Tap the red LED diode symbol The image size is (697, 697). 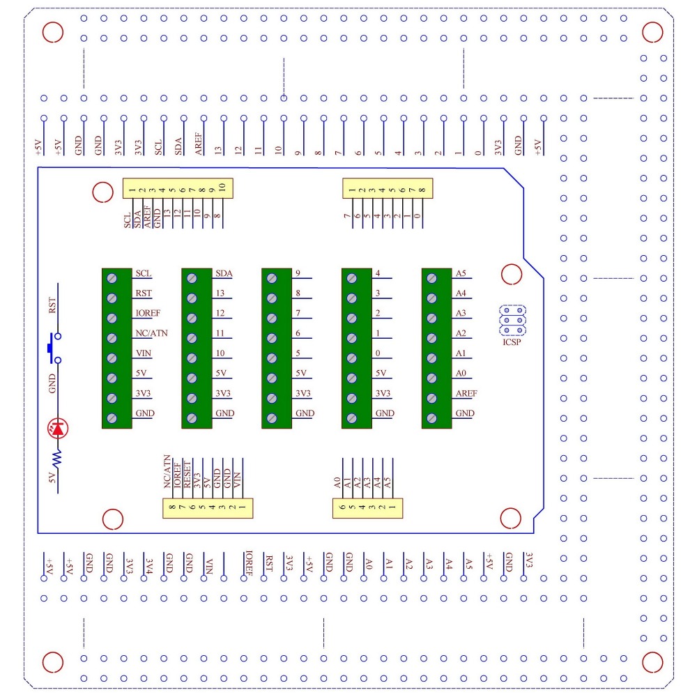point(57,429)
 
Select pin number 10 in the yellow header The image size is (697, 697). point(221,187)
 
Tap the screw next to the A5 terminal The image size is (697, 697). point(432,278)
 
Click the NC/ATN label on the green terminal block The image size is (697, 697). point(152,333)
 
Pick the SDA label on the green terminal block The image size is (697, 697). point(224,273)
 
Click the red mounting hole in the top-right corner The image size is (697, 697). point(652,31)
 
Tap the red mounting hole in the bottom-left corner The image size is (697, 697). point(52,661)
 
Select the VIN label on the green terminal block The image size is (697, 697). point(144,353)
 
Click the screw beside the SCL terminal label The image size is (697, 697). point(112,278)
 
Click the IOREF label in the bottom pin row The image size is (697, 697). point(248,565)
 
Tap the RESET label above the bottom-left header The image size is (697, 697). point(187,473)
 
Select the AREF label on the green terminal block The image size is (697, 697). point(466,393)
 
